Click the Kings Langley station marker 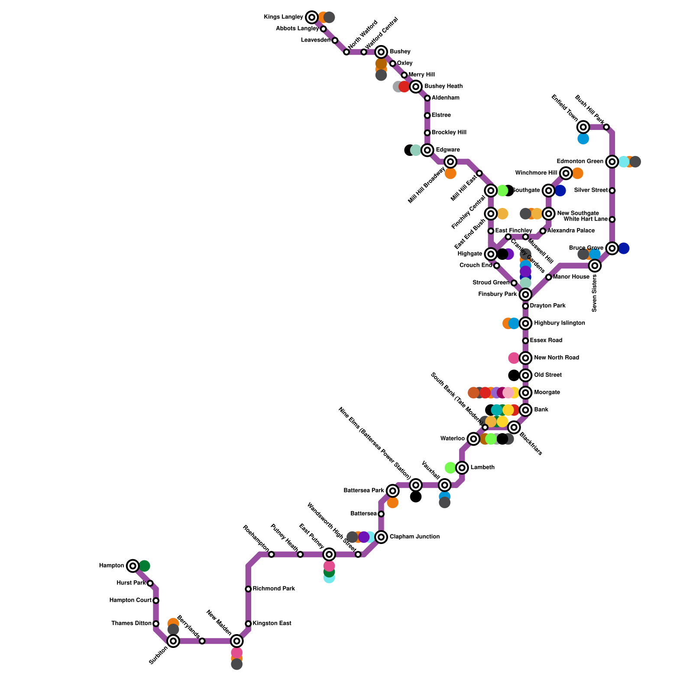pyautogui.click(x=312, y=17)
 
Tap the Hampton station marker pyautogui.click(x=133, y=566)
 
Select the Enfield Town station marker pyautogui.click(x=583, y=127)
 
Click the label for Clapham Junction pyautogui.click(x=415, y=537)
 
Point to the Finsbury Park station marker pyautogui.click(x=525, y=295)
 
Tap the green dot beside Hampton pyautogui.click(x=145, y=566)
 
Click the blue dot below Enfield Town pyautogui.click(x=583, y=139)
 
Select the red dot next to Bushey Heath pyautogui.click(x=404, y=87)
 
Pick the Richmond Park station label pyautogui.click(x=274, y=589)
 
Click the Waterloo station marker pyautogui.click(x=473, y=439)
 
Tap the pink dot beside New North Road pyautogui.click(x=514, y=358)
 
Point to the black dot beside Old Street pyautogui.click(x=514, y=375)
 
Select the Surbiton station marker pyautogui.click(x=173, y=641)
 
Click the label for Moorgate pyautogui.click(x=547, y=392)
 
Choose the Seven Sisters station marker pyautogui.click(x=595, y=266)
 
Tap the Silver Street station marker pyautogui.click(x=612, y=191)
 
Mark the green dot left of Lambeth pyautogui.click(x=450, y=468)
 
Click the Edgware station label pyautogui.click(x=448, y=150)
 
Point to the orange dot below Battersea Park pyautogui.click(x=393, y=503)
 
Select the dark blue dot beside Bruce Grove pyautogui.click(x=624, y=248)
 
